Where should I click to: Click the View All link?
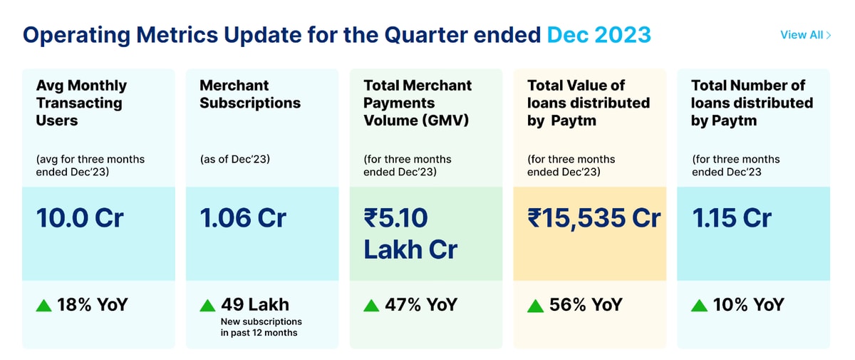pos(805,35)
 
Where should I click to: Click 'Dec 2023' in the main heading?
pos(598,34)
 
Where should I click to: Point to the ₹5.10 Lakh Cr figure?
pos(410,233)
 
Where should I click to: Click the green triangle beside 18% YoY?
pos(44,306)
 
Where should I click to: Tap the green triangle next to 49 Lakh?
pos(207,306)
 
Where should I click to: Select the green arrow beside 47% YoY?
pos(371,306)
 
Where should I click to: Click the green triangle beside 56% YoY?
pos(535,306)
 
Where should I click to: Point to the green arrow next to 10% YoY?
pos(699,306)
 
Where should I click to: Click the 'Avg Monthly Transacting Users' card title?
pos(81,103)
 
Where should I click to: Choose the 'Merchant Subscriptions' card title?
pos(249,94)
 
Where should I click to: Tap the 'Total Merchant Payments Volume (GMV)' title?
pos(418,103)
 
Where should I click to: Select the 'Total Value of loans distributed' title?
pos(589,103)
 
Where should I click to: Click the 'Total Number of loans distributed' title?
pos(752,103)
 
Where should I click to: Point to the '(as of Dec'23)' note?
pos(236,160)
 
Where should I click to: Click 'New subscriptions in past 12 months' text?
pos(261,327)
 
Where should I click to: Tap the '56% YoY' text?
pos(586,305)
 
